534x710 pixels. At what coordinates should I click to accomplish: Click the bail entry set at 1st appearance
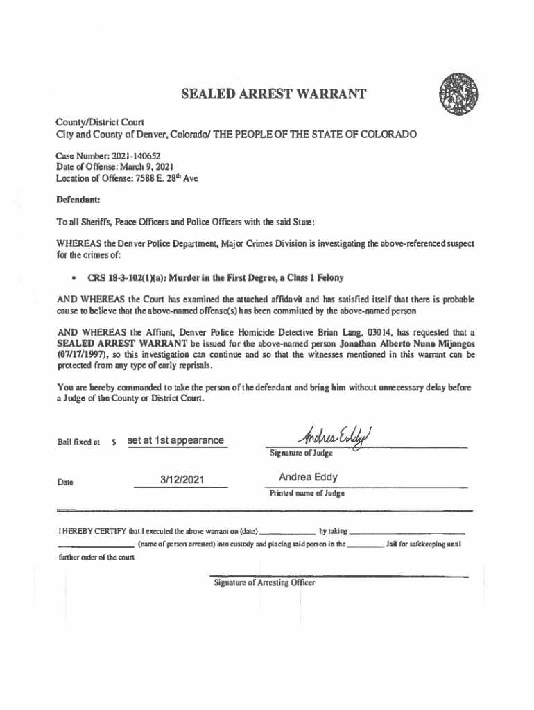[175, 440]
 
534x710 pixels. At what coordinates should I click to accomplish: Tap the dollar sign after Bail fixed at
[113, 442]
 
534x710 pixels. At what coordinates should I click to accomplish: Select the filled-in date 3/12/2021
[180, 478]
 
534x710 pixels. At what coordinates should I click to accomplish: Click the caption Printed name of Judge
[307, 494]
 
